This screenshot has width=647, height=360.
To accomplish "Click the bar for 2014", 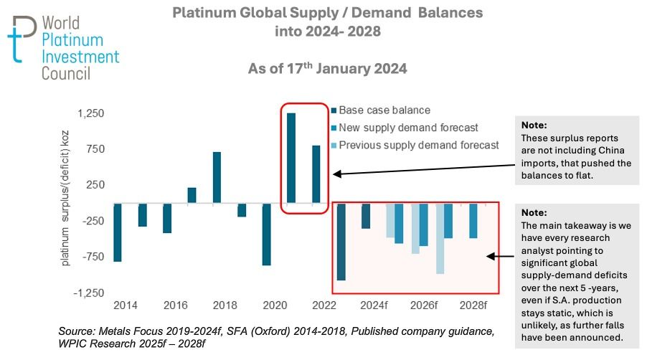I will [117, 232].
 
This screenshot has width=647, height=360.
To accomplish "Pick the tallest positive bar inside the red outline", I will [291, 158].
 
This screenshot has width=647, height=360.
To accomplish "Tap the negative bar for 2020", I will [266, 235].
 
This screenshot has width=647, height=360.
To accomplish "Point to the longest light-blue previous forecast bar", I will [440, 238].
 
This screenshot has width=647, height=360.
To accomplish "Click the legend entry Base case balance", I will [384, 110].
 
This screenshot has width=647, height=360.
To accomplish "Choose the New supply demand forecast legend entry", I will [408, 128].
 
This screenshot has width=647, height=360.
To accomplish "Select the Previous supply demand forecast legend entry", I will [418, 145].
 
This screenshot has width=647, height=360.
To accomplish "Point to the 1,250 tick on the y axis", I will [91, 114].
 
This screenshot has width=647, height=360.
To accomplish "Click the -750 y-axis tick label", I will [93, 257].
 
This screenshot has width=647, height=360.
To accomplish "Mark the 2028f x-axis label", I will [473, 305].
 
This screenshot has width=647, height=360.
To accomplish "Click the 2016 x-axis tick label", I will [176, 305].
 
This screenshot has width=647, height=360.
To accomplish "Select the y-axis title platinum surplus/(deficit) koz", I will [66, 204].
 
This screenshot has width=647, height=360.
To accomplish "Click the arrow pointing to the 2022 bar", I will [423, 174].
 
